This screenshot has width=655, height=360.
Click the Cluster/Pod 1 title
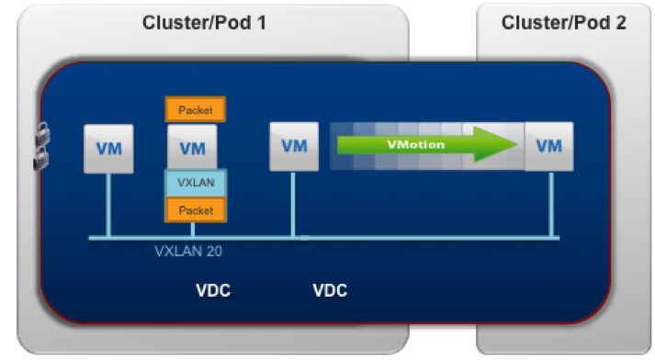tap(204, 23)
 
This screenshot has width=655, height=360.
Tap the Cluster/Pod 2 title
tap(563, 23)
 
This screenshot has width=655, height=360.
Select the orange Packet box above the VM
tap(196, 109)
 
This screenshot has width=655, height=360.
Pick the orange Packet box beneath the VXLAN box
tap(196, 209)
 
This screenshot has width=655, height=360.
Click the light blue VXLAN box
tap(196, 183)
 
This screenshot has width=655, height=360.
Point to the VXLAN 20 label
tap(188, 251)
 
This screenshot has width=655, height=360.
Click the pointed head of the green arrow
tap(516, 144)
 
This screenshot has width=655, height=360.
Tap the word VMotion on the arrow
tap(415, 144)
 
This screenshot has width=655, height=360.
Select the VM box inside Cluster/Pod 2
tap(549, 147)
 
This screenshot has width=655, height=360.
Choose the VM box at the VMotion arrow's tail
tap(294, 147)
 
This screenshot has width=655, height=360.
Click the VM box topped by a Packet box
tap(192, 147)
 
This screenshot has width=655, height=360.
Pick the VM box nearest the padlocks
tap(108, 149)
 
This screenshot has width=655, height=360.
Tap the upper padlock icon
tap(42, 134)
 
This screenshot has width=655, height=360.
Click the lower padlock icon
tap(41, 159)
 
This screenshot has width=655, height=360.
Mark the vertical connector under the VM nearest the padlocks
tap(108, 205)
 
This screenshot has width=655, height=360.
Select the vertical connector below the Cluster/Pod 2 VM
tap(551, 204)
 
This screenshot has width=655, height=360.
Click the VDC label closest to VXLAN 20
tap(213, 290)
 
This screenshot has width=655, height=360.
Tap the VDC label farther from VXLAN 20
tap(330, 290)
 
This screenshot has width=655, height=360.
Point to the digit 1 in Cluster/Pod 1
tap(262, 23)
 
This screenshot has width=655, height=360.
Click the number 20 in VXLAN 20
tap(214, 251)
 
